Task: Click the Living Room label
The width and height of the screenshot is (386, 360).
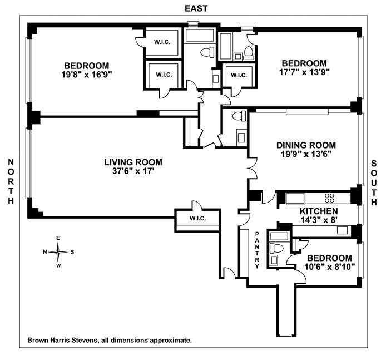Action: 133,162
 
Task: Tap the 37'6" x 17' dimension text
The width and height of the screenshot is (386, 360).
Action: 133,171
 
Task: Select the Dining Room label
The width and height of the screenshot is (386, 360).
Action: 306,145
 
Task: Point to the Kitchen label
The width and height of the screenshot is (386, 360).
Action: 319,211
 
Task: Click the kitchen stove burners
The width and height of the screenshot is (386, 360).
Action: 329,198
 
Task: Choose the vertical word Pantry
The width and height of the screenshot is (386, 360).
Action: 257,250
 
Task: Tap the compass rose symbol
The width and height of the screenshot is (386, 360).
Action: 58,251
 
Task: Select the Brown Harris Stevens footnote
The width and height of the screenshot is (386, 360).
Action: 109,339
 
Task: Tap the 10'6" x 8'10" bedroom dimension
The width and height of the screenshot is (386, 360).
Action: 329,267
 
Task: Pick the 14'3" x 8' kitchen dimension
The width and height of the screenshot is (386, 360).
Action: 319,220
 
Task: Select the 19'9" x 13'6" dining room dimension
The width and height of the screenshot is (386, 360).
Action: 306,154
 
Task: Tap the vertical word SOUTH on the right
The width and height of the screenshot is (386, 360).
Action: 375,181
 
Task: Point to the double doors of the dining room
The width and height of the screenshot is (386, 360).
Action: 253,167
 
